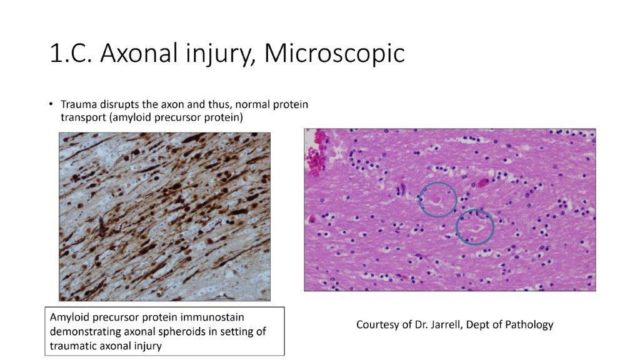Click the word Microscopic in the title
click(x=334, y=54)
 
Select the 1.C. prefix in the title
click(x=71, y=54)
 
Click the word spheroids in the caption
click(x=177, y=331)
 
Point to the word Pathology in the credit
click(x=531, y=325)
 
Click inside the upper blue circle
click(x=437, y=199)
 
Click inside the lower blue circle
click(x=475, y=226)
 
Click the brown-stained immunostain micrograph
click(x=165, y=216)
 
